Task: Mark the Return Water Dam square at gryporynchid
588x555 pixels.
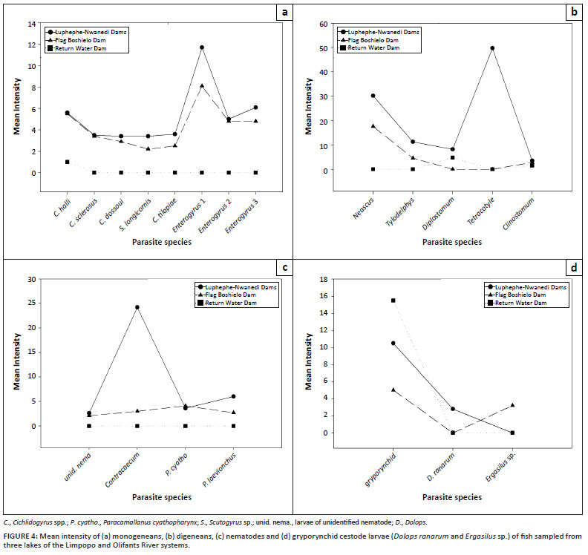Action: pyautogui.click(x=393, y=301)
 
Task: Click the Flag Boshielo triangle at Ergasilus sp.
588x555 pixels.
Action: pyautogui.click(x=512, y=405)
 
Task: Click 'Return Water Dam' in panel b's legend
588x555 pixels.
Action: pyautogui.click(x=376, y=47)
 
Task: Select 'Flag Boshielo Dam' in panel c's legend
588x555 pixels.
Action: pyautogui.click(x=231, y=295)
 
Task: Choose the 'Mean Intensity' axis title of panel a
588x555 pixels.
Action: pyautogui.click(x=15, y=108)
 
